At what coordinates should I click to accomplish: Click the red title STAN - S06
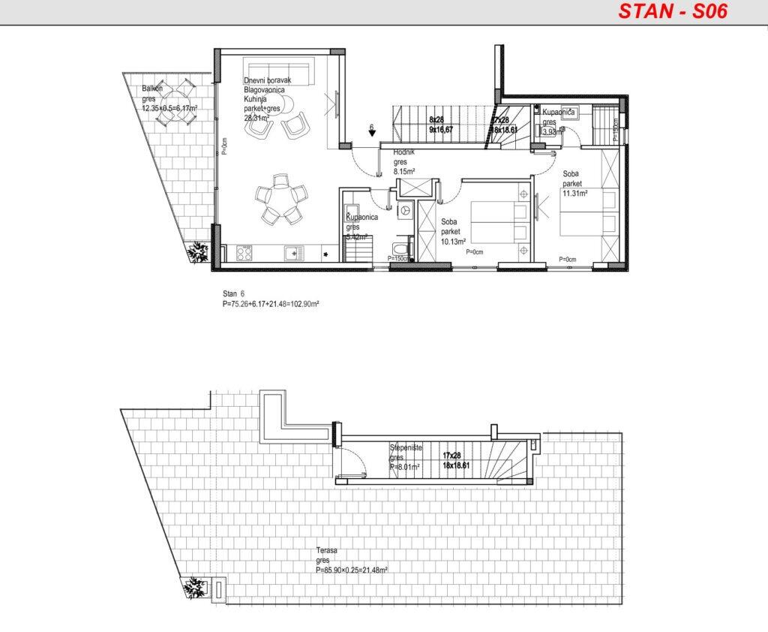tap(673, 12)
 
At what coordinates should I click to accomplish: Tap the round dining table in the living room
tap(280, 199)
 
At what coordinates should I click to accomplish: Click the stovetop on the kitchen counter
tap(244, 254)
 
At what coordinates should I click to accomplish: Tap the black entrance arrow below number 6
tap(373, 134)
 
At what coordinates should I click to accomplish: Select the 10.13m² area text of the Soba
tap(453, 242)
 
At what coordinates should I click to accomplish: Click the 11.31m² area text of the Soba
tap(575, 193)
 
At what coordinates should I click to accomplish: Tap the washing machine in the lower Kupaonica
tap(406, 212)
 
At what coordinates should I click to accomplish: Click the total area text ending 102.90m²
tap(271, 304)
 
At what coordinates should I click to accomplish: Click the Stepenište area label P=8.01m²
tap(404, 466)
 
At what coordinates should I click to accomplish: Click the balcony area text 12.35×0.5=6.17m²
tap(169, 108)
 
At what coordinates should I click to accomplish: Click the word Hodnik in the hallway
tap(403, 152)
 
